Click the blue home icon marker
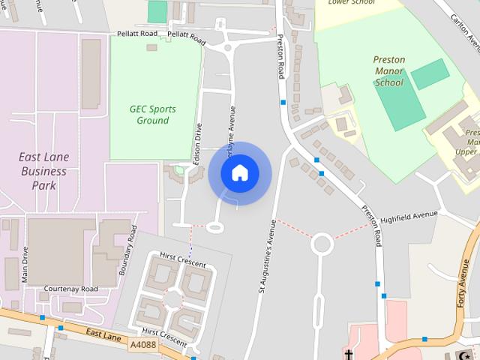point(239,173)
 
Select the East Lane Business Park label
point(43,171)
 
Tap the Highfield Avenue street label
point(409,217)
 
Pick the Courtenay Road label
point(71,289)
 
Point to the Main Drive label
point(25,264)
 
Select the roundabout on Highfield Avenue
point(322,243)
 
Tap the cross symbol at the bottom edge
point(349,354)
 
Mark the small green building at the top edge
point(157,11)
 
